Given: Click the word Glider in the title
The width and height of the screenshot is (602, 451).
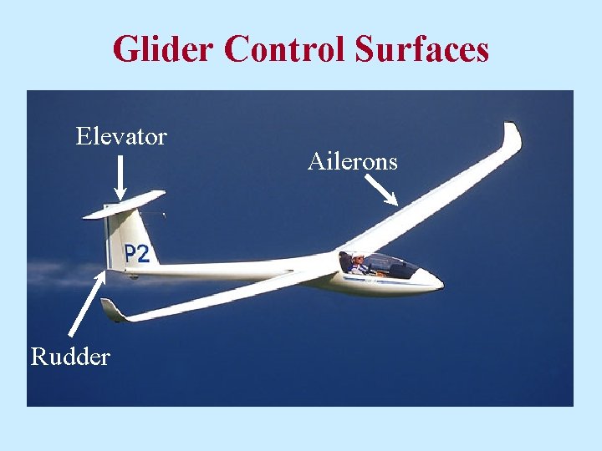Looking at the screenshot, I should pyautogui.click(x=163, y=49).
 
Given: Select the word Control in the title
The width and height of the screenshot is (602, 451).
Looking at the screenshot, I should pyautogui.click(x=283, y=49).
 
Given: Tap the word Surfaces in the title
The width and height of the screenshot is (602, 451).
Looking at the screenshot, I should pyautogui.click(x=421, y=49).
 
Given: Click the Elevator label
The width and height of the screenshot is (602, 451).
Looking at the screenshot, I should pyautogui.click(x=121, y=136).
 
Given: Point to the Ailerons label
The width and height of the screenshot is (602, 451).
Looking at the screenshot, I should pyautogui.click(x=352, y=161).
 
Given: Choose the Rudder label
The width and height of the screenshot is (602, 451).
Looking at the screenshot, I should pyautogui.click(x=70, y=357).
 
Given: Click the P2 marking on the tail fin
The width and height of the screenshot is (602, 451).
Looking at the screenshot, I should pyautogui.click(x=136, y=253).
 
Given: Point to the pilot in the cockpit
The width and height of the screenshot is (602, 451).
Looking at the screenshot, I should pyautogui.click(x=357, y=262).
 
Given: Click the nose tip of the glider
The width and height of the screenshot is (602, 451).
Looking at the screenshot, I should pyautogui.click(x=440, y=281).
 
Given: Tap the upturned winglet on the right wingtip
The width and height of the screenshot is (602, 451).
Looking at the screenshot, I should pyautogui.click(x=511, y=138).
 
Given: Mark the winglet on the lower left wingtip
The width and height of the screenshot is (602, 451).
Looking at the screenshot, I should pyautogui.click(x=111, y=310).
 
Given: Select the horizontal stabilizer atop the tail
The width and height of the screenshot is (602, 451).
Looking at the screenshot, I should pyautogui.click(x=125, y=204).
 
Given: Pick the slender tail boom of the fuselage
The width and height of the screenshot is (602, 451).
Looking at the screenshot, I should pyautogui.click(x=226, y=270).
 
